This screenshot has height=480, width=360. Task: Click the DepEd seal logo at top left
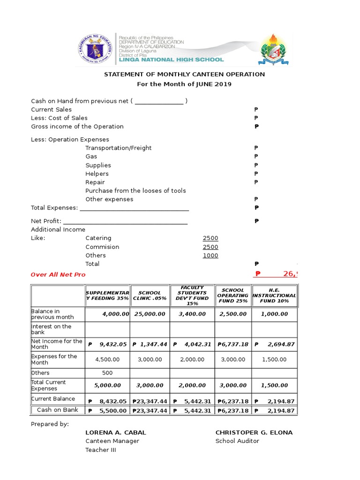[95, 49]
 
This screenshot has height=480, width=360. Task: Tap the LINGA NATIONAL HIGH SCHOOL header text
[171, 60]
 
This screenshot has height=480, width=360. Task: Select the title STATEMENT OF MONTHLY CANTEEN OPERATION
[184, 74]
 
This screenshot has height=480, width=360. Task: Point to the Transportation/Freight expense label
[119, 148]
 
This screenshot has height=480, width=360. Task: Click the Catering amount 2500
[210, 238]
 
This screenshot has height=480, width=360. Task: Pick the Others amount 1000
[210, 255]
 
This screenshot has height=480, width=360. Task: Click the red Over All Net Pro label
[58, 275]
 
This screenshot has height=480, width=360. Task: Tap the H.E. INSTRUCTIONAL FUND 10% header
[274, 295]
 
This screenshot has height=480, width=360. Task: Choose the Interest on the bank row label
[52, 329]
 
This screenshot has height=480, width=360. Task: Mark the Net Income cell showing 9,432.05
[107, 345]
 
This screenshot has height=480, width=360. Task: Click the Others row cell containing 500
[107, 373]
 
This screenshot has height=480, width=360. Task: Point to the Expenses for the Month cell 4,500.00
[107, 360]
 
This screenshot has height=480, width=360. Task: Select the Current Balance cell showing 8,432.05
[107, 402]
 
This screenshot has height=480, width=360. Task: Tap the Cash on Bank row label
[58, 410]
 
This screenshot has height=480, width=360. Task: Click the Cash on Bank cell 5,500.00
[107, 411]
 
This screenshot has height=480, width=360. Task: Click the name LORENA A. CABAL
[116, 433]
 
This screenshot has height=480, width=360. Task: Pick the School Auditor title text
[237, 441]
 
